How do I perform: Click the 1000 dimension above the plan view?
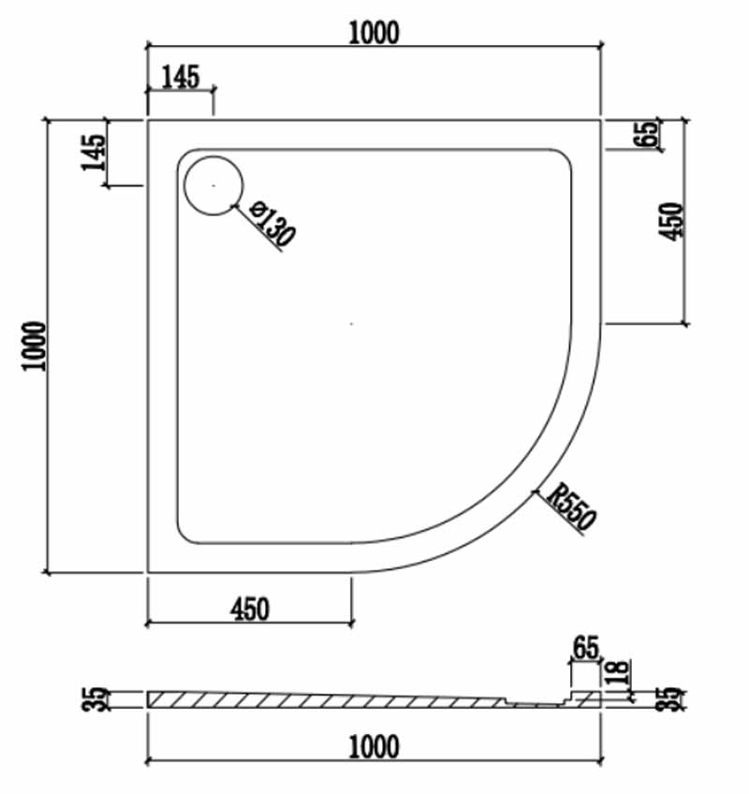374,33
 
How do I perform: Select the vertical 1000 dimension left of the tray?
35,346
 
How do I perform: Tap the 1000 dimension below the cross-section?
374,746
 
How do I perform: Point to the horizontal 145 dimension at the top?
181,77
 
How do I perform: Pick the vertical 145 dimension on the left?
94,153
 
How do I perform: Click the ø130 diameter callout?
272,223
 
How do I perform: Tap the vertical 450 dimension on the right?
670,221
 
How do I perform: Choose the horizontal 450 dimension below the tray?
250,610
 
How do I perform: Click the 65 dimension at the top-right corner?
647,134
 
